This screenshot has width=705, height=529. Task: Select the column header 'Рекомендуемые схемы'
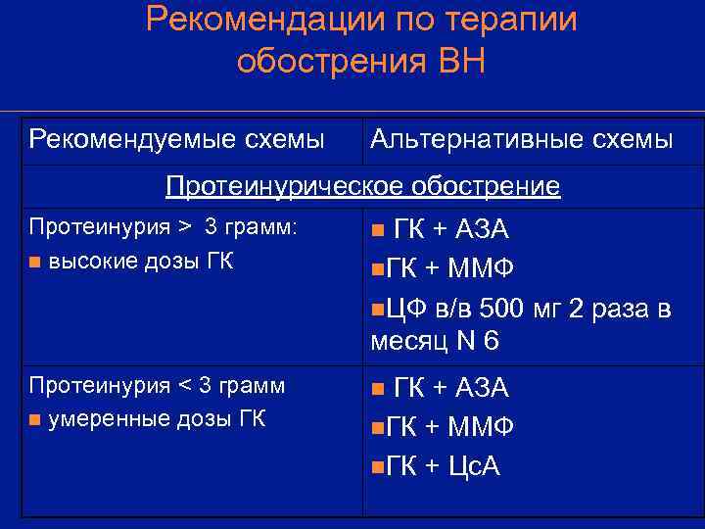tap(177, 140)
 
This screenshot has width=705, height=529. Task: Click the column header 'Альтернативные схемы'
tap(521, 140)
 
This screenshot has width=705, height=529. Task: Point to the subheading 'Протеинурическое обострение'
tap(363, 185)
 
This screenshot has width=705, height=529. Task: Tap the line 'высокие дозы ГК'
tap(141, 262)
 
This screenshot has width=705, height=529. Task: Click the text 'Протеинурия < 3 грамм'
tap(158, 386)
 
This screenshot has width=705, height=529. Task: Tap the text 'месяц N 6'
tap(435, 342)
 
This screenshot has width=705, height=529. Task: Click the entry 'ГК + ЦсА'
tap(444, 466)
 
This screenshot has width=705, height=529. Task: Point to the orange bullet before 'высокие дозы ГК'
tap(34, 263)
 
